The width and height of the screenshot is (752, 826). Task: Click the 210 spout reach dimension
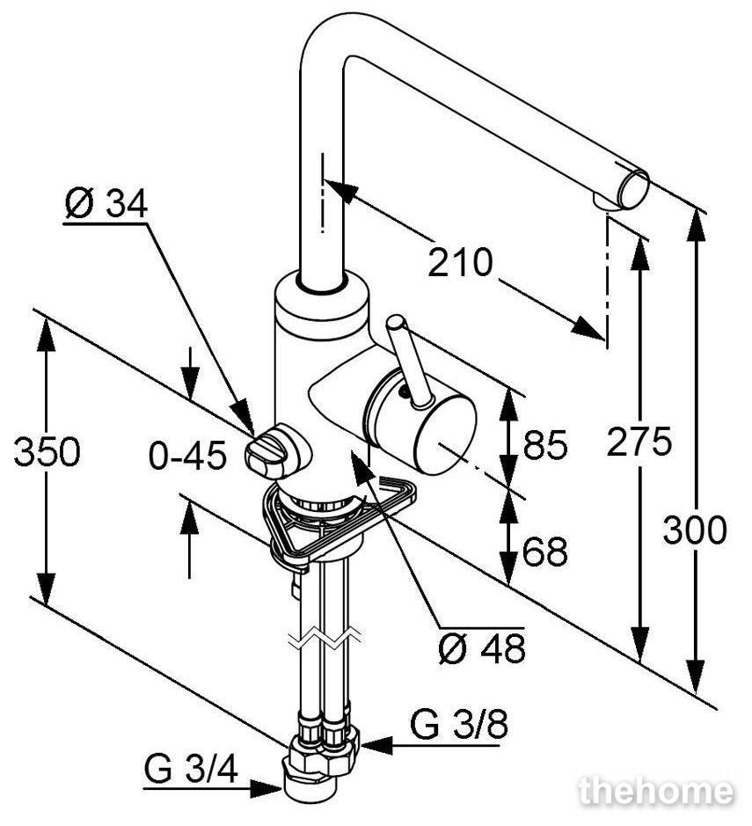(x=460, y=262)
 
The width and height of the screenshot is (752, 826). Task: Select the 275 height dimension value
(x=639, y=442)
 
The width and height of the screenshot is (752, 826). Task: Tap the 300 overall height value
(x=695, y=530)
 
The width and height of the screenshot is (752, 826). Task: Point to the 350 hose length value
(x=47, y=452)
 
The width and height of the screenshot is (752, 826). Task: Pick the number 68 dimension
(x=545, y=552)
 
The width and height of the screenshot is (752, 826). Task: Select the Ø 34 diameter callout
(x=106, y=204)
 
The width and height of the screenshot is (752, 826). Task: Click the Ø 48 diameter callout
(x=482, y=648)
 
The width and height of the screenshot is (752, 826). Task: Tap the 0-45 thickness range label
(x=187, y=456)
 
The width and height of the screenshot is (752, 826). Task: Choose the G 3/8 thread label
(x=459, y=724)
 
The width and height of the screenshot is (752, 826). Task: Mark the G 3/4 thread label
(x=191, y=771)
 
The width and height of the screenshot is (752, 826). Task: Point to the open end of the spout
(x=633, y=188)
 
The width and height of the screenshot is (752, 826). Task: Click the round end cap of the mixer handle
(x=446, y=435)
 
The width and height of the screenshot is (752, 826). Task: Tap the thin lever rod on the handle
(x=409, y=362)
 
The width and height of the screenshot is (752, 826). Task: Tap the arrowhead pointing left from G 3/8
(x=377, y=745)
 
